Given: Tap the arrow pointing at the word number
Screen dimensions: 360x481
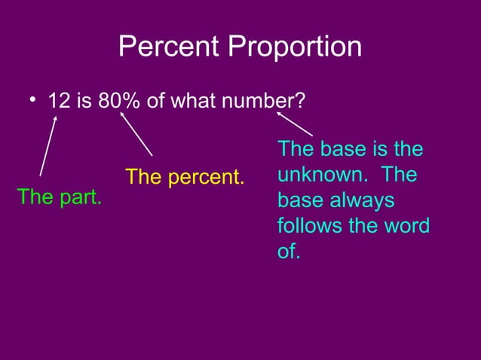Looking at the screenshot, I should [x=294, y=124].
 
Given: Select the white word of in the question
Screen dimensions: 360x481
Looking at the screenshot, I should [x=156, y=101].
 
